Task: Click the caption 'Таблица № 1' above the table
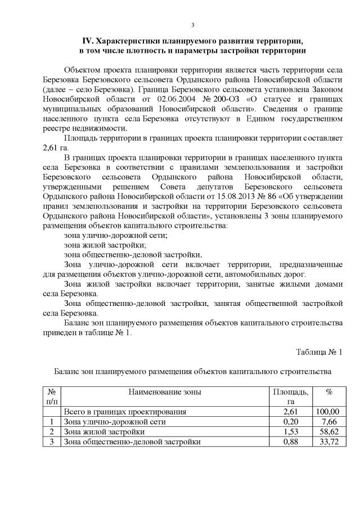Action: pos(319,352)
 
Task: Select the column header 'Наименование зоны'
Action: pos(164,392)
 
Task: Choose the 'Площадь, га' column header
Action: pos(290,397)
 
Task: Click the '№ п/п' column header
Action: pos(52,397)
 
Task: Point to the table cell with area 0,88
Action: pos(290,442)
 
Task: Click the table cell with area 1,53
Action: pos(290,431)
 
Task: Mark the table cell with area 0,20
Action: pos(290,421)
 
